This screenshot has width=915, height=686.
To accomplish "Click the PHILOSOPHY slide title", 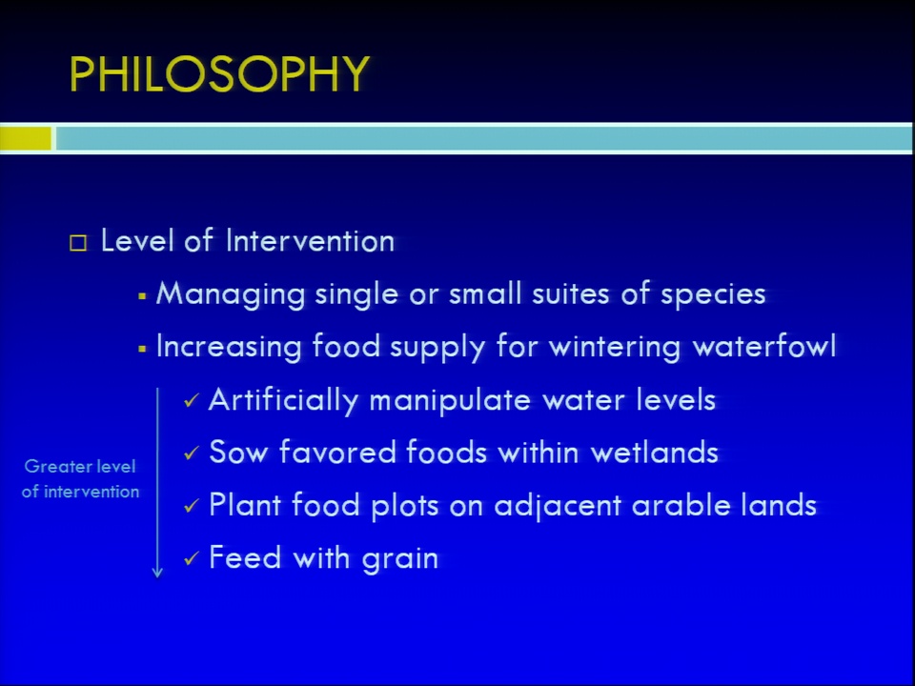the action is click(x=219, y=74).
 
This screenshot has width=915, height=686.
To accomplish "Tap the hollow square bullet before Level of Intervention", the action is click(x=78, y=243).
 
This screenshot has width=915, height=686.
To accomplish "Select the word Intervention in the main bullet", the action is click(x=310, y=241).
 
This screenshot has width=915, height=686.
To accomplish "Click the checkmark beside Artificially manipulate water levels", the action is click(x=192, y=401).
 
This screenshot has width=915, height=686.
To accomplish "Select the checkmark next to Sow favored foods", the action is click(x=192, y=454).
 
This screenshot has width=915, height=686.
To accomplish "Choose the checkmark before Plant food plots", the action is click(x=192, y=506).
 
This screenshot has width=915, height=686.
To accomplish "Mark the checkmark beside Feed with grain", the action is click(x=192, y=558).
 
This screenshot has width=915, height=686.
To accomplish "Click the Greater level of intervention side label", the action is click(x=80, y=479).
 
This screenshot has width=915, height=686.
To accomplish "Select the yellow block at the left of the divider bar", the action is click(x=26, y=139).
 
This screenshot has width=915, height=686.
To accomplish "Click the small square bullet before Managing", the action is click(x=142, y=297).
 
